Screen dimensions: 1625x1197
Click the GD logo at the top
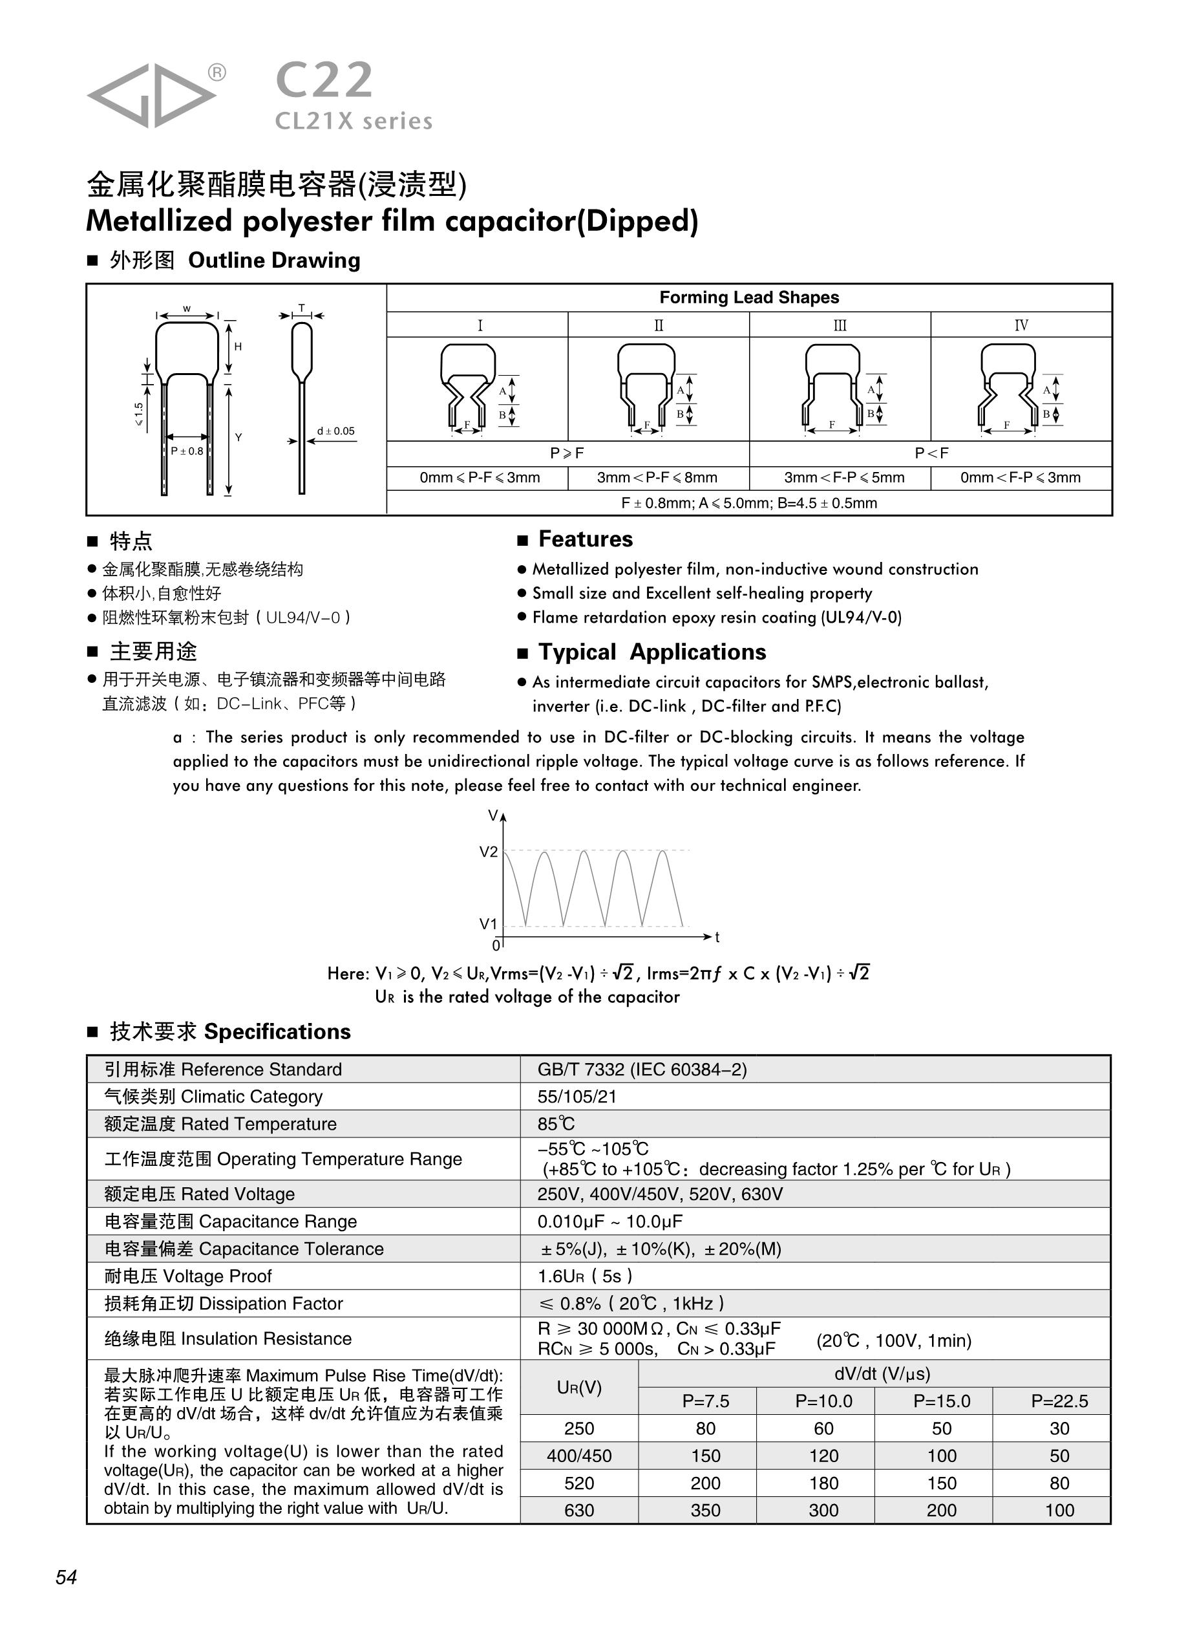click(x=151, y=95)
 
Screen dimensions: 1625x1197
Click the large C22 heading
click(x=324, y=80)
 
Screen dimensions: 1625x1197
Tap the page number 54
click(x=66, y=1577)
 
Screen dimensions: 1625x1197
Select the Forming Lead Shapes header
click(x=748, y=297)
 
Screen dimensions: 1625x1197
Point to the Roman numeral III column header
click(x=839, y=325)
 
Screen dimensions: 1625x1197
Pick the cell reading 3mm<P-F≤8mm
click(x=657, y=478)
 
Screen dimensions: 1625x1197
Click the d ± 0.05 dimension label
click(x=335, y=431)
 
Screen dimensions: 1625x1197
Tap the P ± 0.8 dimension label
click(x=187, y=451)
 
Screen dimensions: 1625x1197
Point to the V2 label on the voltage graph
click(x=489, y=852)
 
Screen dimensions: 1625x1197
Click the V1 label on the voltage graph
click(x=489, y=924)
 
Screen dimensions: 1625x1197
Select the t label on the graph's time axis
click(x=717, y=937)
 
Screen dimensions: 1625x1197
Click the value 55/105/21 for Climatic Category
click(x=577, y=1097)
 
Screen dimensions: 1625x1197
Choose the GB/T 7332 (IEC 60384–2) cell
click(x=642, y=1069)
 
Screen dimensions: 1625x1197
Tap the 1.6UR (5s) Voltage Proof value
click(x=585, y=1276)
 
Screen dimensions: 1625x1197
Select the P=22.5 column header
click(x=1059, y=1401)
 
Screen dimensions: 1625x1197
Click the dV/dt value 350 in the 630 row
click(x=705, y=1511)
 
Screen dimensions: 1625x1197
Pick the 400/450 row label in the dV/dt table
click(x=579, y=1456)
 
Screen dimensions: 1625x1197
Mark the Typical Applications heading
click(x=651, y=652)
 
